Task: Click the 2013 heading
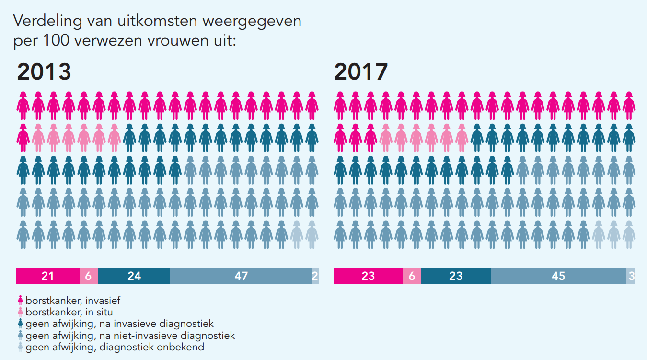point(44,72)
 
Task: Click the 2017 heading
point(361,72)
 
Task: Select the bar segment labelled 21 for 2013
point(48,276)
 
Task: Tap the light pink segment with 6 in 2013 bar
point(89,276)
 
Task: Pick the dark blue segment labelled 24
point(134,276)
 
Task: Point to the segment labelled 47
point(241,276)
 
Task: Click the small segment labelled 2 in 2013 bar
point(315,276)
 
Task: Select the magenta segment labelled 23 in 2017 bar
point(368,276)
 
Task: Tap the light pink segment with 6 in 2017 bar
point(412,276)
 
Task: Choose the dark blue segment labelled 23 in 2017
point(456,276)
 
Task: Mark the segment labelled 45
point(558,276)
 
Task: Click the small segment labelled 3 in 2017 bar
point(631,276)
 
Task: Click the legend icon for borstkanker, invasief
point(20,301)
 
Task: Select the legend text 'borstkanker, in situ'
point(69,312)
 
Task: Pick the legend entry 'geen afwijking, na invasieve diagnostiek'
point(119,324)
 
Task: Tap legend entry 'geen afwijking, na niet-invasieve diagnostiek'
point(130,335)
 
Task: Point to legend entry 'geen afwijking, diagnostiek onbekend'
point(115,347)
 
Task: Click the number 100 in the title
point(58,41)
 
